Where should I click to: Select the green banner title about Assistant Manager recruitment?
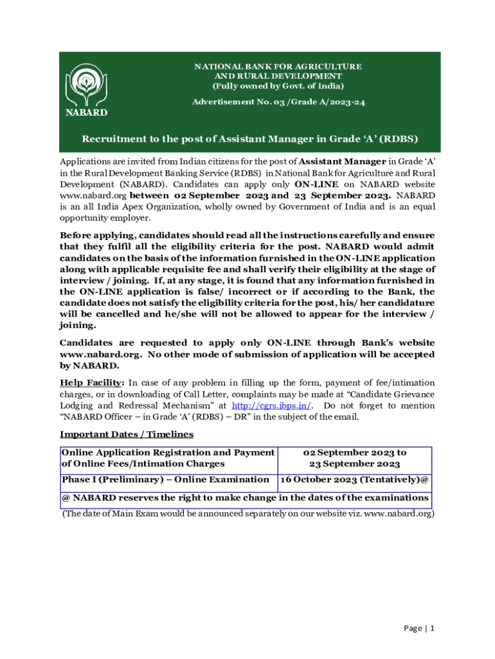(247, 141)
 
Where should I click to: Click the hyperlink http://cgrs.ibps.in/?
(271, 405)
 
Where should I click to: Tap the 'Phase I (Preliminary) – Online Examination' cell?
(165, 479)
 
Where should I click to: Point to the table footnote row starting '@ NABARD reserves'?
(245, 498)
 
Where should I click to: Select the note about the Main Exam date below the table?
(248, 514)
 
